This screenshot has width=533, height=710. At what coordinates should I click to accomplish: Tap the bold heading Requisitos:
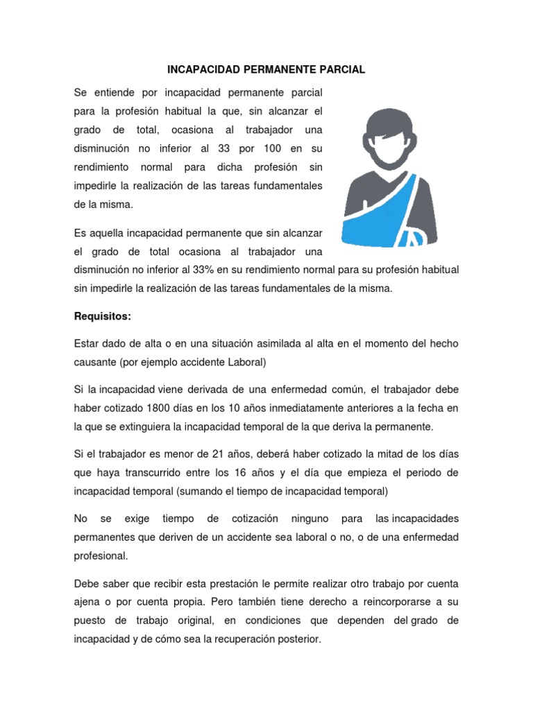click(102, 317)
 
